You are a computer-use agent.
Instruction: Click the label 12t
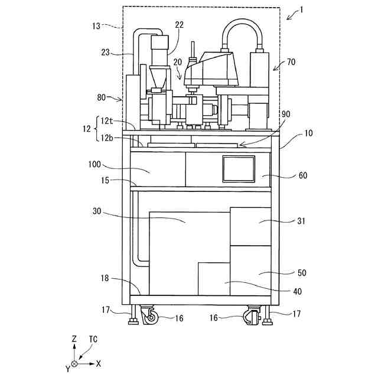coord(107,120)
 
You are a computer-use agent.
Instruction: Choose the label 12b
coord(107,138)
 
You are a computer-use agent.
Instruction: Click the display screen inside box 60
coord(239,169)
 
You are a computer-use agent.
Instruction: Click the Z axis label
coord(74,340)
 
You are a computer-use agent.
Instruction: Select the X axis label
coord(98,363)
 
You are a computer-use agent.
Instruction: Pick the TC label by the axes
coord(93,340)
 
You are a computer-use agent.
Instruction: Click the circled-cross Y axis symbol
coord(74,363)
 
